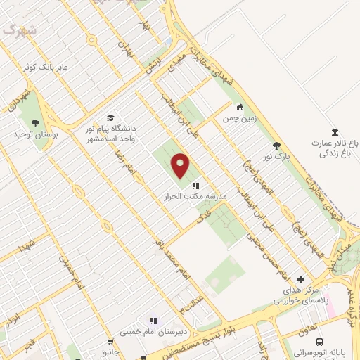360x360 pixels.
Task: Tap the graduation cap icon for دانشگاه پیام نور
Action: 110,118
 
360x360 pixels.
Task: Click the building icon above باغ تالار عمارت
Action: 334,132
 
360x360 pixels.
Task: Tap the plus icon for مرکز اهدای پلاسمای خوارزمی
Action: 301,279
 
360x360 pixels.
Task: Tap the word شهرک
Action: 18,30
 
